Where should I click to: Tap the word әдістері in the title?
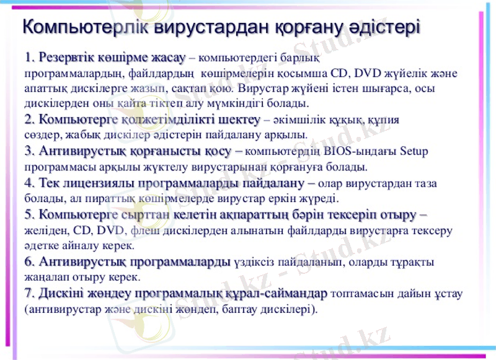(385, 28)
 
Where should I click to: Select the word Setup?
(415, 151)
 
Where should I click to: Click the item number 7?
(29, 292)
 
